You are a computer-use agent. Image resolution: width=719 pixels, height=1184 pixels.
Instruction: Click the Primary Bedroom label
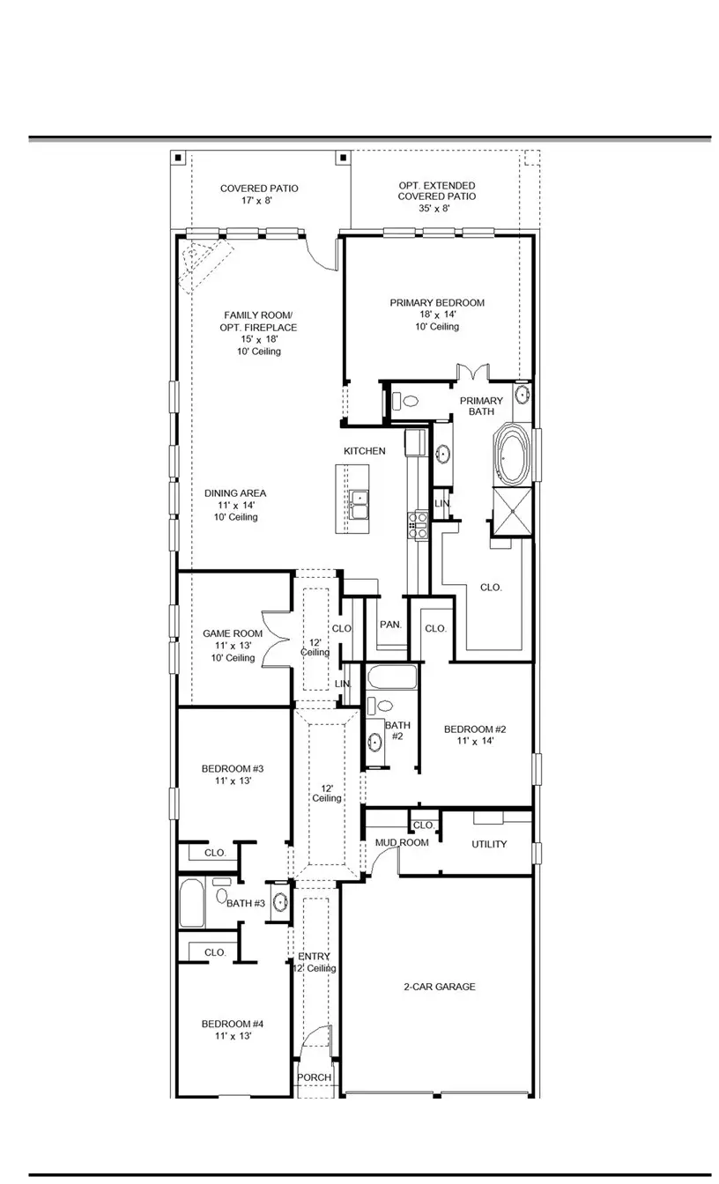point(437,303)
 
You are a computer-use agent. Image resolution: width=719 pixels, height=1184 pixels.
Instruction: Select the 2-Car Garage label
point(439,987)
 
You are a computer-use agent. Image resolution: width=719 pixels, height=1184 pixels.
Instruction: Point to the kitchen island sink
point(359,506)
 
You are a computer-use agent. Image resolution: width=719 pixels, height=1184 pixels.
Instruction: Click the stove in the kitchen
point(417,526)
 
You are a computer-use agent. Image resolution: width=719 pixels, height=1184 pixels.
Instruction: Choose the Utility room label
point(489,844)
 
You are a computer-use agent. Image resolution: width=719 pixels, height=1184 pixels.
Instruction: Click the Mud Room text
point(402,843)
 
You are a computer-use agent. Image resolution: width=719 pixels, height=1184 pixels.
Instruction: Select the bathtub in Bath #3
point(191,904)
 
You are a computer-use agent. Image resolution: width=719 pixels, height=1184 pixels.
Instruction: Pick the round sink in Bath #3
point(280,902)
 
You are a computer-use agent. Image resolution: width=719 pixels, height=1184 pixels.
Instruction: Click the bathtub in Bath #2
point(391,678)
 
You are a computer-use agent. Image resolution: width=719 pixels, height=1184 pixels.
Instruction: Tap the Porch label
point(315,1077)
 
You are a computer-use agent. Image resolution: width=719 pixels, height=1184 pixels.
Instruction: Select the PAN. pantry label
point(391,625)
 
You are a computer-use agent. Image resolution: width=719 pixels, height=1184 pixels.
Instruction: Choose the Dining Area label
point(235,493)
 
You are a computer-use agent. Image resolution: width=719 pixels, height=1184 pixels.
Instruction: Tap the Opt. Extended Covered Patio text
point(436,196)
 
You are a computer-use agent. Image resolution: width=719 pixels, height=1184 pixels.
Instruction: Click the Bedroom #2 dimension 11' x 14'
point(474,741)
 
